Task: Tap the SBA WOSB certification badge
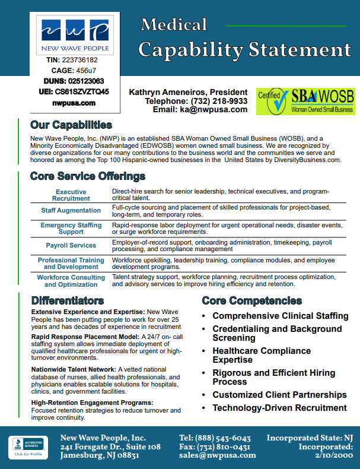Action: coord(305,102)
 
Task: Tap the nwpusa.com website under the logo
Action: coord(74,103)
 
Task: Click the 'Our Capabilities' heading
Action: coord(71,125)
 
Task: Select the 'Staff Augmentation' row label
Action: coord(71,211)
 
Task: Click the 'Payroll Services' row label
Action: coord(71,245)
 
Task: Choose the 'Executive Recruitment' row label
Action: coord(71,195)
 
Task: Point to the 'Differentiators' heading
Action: coord(68,300)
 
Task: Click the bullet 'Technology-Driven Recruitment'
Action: coord(279,408)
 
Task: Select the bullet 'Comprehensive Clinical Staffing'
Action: coord(281,316)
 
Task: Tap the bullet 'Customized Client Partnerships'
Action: coord(279,395)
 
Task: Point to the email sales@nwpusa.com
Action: coord(218,455)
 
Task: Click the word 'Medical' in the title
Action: coord(174,24)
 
